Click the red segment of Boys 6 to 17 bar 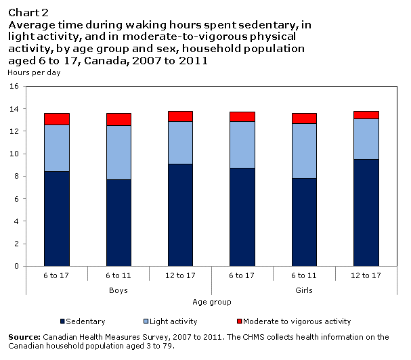pyautogui.click(x=57, y=119)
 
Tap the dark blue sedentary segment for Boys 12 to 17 pyautogui.click(x=180, y=215)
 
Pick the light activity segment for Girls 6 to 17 pyautogui.click(x=242, y=145)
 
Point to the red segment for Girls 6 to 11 pyautogui.click(x=305, y=118)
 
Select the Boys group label pyautogui.click(x=118, y=290)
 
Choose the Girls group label pyautogui.click(x=305, y=290)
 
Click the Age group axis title pyautogui.click(x=212, y=302)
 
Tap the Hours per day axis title pyautogui.click(x=34, y=72)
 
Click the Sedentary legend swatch pyautogui.click(x=63, y=321)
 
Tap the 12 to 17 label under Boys pyautogui.click(x=180, y=276)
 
